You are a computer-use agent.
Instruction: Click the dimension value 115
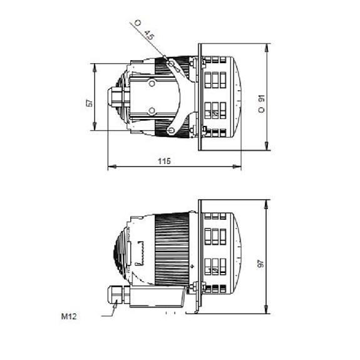click(x=165, y=161)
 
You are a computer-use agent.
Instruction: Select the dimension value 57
click(x=90, y=103)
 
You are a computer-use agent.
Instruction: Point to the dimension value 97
click(x=261, y=264)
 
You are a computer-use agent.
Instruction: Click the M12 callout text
click(x=69, y=317)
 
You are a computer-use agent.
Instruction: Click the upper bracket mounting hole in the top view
click(x=171, y=63)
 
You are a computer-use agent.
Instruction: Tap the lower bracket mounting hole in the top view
click(x=170, y=131)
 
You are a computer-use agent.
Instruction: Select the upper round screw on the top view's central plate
click(x=152, y=83)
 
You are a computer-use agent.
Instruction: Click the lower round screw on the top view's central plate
click(x=152, y=111)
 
